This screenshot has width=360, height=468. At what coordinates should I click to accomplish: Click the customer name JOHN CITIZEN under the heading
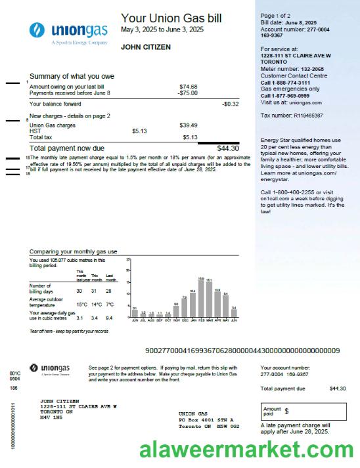(x=146, y=47)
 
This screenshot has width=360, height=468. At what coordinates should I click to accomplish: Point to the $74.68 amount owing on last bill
(x=189, y=87)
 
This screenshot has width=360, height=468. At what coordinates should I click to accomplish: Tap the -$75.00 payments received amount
(x=187, y=93)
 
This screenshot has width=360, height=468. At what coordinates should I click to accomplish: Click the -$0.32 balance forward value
(x=230, y=104)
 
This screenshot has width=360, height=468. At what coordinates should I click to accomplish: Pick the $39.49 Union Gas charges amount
(x=189, y=125)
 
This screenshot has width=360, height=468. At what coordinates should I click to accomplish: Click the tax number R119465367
(x=301, y=116)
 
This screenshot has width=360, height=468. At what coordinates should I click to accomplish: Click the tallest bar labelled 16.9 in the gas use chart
(x=201, y=299)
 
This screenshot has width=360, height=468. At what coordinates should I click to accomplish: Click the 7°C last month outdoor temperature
(x=109, y=305)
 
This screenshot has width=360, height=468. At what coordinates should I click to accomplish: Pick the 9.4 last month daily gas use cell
(x=109, y=318)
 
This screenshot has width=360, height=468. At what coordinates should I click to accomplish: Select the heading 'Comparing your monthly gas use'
(x=74, y=251)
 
